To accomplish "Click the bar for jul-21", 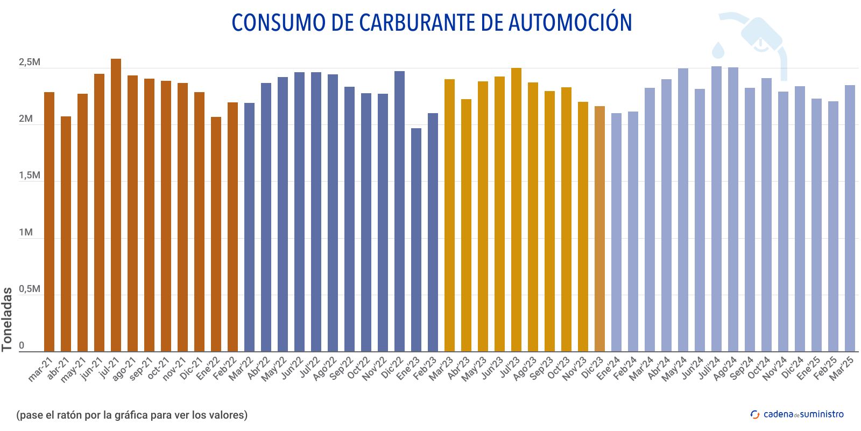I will (116, 205).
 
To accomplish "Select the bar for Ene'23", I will (416, 240).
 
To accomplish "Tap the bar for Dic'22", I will (399, 211).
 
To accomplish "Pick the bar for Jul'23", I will (516, 210).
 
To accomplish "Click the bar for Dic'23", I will (599, 229).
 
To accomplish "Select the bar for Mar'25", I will (850, 218).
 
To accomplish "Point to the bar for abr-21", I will (66, 234).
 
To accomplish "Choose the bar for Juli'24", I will (716, 209).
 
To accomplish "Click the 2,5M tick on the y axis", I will (30, 62).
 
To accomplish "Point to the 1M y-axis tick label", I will (26, 233).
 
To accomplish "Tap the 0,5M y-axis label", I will (30, 289).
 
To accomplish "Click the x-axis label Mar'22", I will (242, 369).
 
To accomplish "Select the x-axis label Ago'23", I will (525, 369).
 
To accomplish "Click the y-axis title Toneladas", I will (7, 319).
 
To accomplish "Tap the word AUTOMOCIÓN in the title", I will (570, 23).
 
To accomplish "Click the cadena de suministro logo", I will (797, 414).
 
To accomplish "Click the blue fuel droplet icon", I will (718, 50).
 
